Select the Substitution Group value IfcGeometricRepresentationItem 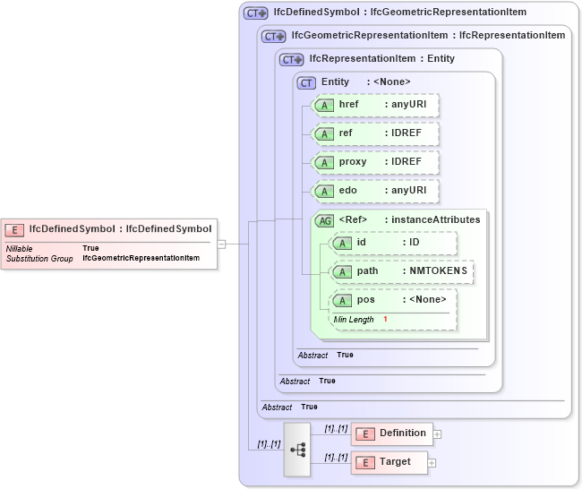pyautogui.click(x=141, y=258)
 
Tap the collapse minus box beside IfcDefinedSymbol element pyautogui.click(x=221, y=243)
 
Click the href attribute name pyautogui.click(x=348, y=105)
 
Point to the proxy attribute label pyautogui.click(x=353, y=162)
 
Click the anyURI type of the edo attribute pyautogui.click(x=409, y=191)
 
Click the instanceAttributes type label pyautogui.click(x=435, y=219)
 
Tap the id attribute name pyautogui.click(x=361, y=243)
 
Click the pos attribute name pyautogui.click(x=365, y=300)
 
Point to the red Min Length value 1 pyautogui.click(x=385, y=320)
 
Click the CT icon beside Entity pyautogui.click(x=307, y=82)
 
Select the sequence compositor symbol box pyautogui.click(x=297, y=449)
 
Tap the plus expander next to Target pyautogui.click(x=432, y=463)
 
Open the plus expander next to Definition pyautogui.click(x=437, y=434)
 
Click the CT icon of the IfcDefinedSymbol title pyautogui.click(x=256, y=13)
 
